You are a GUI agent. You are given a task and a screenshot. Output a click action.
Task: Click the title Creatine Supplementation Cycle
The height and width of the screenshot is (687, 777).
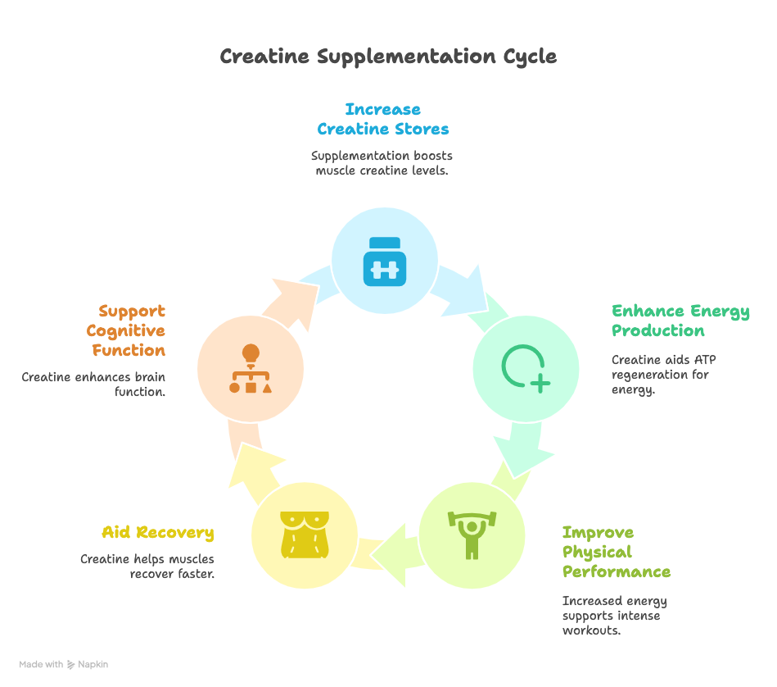388,57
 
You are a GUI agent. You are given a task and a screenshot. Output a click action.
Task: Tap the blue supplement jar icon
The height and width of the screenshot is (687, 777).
384,261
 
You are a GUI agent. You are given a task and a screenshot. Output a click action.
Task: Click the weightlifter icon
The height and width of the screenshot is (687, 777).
472,535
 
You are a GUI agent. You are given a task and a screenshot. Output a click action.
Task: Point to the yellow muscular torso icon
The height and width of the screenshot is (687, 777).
305,535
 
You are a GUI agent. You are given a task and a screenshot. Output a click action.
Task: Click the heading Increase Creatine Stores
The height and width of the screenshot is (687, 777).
383,120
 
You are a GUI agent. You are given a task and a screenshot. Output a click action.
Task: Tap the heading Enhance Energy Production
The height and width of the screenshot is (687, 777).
680,321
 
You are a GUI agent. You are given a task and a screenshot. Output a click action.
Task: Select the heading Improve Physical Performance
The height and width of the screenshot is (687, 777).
616,552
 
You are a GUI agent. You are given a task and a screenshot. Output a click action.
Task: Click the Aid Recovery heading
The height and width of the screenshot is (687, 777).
158,533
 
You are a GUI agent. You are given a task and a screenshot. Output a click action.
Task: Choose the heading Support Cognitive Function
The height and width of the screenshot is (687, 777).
126,330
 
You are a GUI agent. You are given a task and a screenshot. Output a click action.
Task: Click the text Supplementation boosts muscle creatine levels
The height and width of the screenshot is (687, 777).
382,163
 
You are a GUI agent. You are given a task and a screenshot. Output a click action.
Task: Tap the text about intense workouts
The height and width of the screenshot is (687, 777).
614,616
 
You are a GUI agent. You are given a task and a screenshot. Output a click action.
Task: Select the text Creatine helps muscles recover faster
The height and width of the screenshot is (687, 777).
147,566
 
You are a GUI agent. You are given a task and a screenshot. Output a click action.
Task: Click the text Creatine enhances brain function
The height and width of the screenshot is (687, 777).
94,384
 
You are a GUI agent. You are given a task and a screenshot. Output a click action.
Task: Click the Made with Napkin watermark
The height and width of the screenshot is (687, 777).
64,665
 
